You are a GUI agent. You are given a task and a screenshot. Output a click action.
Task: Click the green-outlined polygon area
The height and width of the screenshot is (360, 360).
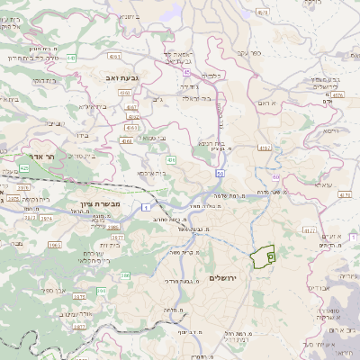point(264,256)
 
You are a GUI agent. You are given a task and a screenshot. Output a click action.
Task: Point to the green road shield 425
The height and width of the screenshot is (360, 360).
point(23,167)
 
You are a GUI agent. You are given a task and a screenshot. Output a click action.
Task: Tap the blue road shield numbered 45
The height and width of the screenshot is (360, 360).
point(186,70)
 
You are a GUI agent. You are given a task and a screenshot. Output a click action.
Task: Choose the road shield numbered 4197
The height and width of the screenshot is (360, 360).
point(264,147)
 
